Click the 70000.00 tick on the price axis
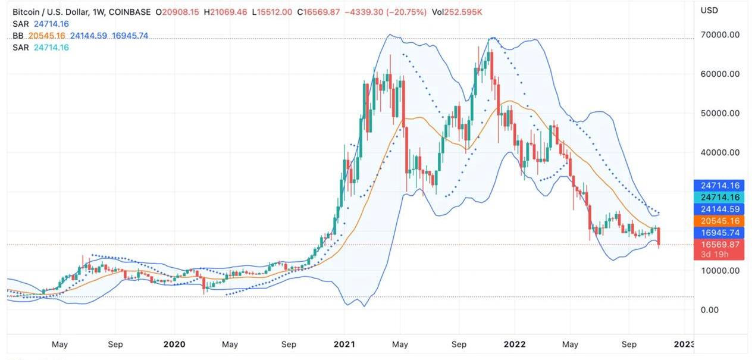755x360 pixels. [720, 35]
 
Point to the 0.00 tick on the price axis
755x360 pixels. [710, 310]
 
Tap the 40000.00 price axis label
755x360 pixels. [720, 152]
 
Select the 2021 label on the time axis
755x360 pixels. [344, 344]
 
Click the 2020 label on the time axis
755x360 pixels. [174, 344]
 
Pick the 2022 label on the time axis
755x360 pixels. [515, 344]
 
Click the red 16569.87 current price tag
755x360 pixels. [719, 249]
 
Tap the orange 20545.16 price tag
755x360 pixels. [719, 221]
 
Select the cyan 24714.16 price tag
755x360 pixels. [719, 197]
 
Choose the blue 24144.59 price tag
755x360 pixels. [719, 209]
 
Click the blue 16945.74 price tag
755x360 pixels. [719, 233]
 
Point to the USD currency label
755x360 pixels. [709, 11]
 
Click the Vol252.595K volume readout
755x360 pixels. [457, 12]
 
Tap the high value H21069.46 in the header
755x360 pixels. [225, 12]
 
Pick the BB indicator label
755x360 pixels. [18, 36]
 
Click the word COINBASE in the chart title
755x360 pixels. [130, 12]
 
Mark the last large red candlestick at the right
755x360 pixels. [659, 237]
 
